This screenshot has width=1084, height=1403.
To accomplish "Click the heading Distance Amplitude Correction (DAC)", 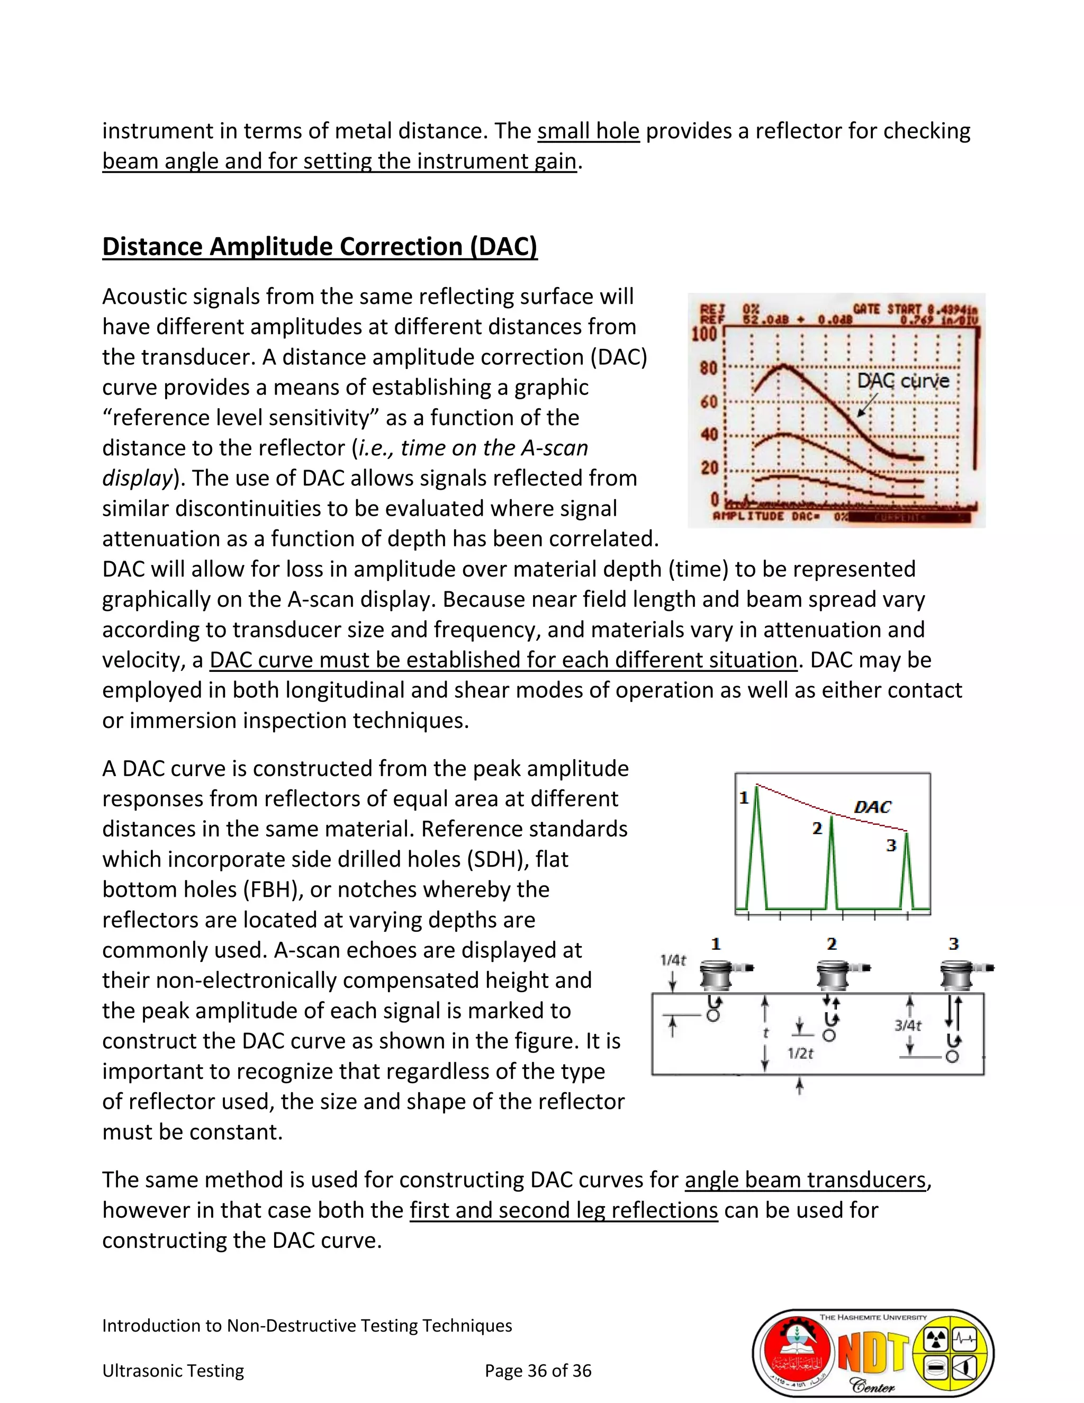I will point(319,247).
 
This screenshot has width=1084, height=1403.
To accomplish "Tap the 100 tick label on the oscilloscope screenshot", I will point(704,335).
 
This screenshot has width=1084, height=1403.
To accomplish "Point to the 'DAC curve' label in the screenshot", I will point(903,381).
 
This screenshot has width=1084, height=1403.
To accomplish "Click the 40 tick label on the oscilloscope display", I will point(708,434).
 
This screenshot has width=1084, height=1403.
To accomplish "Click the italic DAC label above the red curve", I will point(872,807).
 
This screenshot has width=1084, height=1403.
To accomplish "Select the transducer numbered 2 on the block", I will point(832,975).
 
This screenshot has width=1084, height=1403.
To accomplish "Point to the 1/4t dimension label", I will point(673,960).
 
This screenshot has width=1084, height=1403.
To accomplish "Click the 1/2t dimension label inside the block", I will point(800,1054).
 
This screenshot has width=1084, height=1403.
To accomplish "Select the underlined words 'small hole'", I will point(588,131).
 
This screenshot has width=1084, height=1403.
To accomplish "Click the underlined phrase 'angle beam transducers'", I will point(805,1180).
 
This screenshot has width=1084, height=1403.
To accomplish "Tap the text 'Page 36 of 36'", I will point(538,1371).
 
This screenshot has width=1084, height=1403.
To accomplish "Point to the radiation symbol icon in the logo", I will point(936,1339).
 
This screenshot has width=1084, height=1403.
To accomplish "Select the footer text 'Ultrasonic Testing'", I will point(173,1371).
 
